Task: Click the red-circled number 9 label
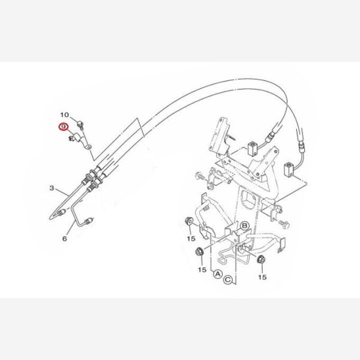62,127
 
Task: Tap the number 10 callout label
65,115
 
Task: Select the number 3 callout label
52,188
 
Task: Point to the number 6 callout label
65,239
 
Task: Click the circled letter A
217,274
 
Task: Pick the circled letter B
245,226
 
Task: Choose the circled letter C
228,280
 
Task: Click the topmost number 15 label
191,239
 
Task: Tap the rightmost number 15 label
262,277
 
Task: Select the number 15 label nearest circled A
202,269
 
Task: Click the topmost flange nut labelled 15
189,221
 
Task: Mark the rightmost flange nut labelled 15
261,259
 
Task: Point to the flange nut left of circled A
200,252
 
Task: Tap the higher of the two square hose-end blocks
252,149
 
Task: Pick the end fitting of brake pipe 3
61,213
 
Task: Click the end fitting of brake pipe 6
88,221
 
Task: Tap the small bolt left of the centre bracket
200,177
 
